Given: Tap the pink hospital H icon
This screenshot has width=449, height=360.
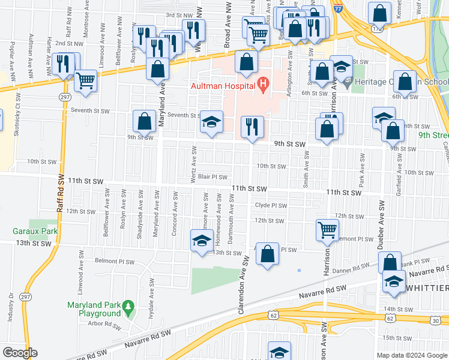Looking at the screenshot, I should click(x=262, y=86).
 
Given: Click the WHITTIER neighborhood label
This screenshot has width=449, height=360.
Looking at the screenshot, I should click(x=427, y=289).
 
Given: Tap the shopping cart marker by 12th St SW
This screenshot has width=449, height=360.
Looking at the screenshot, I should click(x=327, y=229).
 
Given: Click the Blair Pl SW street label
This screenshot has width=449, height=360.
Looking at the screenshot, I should click(x=212, y=177).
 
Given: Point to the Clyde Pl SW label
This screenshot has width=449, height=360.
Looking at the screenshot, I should click(x=271, y=205).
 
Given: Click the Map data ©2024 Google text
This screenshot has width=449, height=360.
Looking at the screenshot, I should click(x=411, y=355).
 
